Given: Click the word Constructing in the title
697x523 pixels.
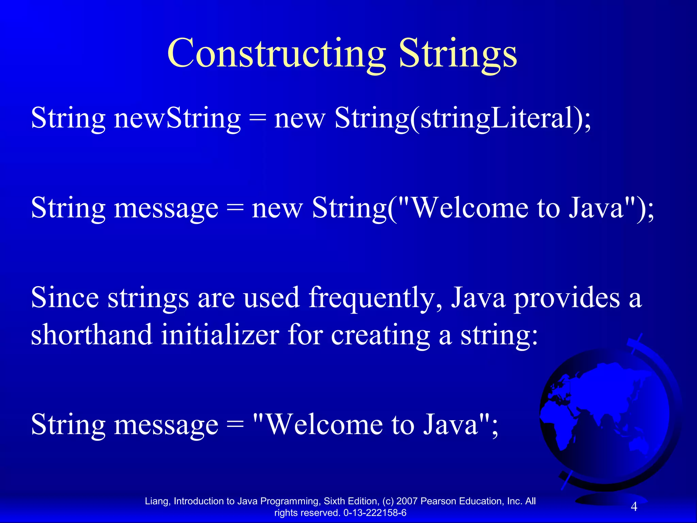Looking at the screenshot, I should [x=276, y=54].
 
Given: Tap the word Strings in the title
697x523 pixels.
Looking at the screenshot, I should [x=458, y=54].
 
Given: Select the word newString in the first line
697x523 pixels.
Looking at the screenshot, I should [x=177, y=118].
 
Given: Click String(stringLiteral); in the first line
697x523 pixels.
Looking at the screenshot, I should [x=463, y=118].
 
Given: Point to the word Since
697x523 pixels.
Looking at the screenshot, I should [x=65, y=297].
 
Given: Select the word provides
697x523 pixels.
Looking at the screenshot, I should [x=567, y=297].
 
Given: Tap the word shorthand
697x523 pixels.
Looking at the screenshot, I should [x=91, y=334].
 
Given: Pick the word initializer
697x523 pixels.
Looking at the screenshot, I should [x=220, y=334].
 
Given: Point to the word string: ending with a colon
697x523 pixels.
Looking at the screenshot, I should [x=499, y=334].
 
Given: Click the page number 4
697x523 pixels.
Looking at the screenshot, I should [x=634, y=507].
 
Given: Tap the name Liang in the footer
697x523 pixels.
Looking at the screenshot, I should [x=157, y=501].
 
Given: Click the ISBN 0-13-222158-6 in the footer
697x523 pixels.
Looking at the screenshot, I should [x=375, y=513].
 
